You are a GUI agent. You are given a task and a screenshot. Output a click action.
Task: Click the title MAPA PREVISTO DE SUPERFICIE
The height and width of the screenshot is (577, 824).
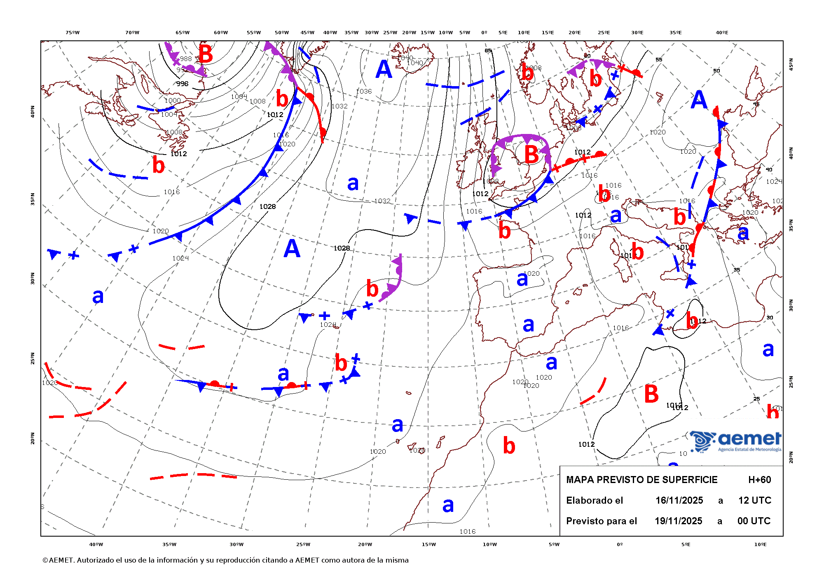pos(641,480)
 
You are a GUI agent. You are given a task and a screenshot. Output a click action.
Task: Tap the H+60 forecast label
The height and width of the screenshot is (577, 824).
pos(759,480)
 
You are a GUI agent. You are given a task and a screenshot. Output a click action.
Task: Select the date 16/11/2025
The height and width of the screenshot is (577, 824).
pos(679,500)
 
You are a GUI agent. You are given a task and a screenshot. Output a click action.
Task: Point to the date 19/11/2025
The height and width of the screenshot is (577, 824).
pos(678,521)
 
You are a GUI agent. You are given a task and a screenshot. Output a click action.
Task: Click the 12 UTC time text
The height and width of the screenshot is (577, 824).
pos(754,500)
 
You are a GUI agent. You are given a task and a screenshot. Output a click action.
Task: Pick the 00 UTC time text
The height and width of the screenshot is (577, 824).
pos(754,521)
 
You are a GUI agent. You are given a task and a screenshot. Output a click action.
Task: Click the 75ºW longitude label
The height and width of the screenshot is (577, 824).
pos(73,33)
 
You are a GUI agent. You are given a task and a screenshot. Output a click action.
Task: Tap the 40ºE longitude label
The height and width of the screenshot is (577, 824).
pos(721,33)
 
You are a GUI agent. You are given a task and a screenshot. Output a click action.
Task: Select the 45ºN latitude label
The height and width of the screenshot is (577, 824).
pos(791,64)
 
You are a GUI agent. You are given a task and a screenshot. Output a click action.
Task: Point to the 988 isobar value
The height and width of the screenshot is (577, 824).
pos(186,59)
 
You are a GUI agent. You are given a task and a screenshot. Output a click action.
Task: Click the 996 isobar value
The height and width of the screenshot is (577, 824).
pos(182,84)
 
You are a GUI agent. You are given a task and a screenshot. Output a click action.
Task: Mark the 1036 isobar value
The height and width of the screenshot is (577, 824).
pos(364,91)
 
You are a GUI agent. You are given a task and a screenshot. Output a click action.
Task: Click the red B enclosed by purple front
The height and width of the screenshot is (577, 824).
pos(531,155)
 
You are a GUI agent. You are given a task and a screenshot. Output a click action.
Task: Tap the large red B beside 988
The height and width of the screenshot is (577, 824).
pos(206,54)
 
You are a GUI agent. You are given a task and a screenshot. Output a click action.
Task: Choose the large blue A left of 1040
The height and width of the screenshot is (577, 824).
pos(384,69)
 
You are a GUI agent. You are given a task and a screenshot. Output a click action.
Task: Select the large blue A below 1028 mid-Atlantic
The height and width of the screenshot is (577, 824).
pos(292,249)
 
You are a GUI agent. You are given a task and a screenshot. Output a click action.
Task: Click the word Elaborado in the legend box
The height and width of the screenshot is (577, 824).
pos(595,500)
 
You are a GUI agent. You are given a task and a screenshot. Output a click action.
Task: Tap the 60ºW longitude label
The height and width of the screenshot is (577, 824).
pos(221,33)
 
